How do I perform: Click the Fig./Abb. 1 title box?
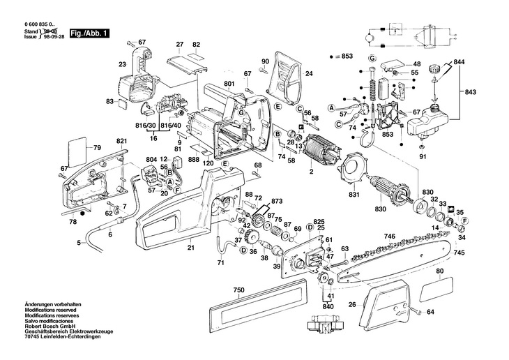[x=90, y=33]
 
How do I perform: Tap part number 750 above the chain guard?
[x=238, y=290]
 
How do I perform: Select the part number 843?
[x=470, y=92]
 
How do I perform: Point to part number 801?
[x=229, y=84]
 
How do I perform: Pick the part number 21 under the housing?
[x=191, y=248]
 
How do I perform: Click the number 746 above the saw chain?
[x=390, y=237]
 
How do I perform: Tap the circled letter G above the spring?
[x=372, y=59]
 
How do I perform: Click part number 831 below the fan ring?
[x=354, y=195]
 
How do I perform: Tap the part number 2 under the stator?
[x=311, y=172]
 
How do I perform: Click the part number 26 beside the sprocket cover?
[x=352, y=305]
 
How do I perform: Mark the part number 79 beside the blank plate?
[x=97, y=148]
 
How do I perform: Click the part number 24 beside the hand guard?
[x=309, y=74]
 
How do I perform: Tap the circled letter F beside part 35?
[x=465, y=221]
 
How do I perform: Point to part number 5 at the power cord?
[x=79, y=242]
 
